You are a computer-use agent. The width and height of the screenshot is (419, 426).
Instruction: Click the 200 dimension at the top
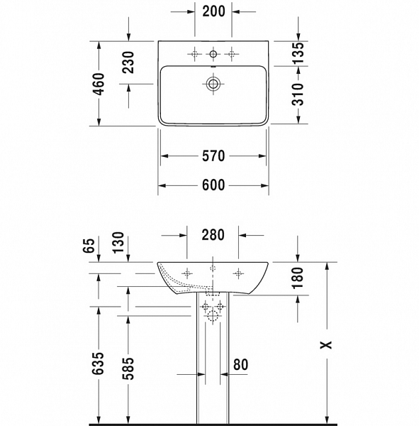tap(213, 11)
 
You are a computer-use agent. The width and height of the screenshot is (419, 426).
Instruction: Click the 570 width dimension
tap(213, 155)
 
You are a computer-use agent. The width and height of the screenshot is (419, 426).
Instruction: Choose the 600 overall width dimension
tap(213, 185)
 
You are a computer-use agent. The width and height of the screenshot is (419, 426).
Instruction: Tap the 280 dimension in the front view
tap(213, 234)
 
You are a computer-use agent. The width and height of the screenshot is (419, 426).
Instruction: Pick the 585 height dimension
tap(128, 364)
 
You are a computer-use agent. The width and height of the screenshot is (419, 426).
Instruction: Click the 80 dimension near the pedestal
tap(240, 365)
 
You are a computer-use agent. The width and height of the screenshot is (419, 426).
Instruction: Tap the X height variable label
tap(325, 345)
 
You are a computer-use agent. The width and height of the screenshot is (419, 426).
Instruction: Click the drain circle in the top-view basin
tap(213, 84)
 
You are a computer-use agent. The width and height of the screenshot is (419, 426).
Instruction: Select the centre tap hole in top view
tap(213, 54)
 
